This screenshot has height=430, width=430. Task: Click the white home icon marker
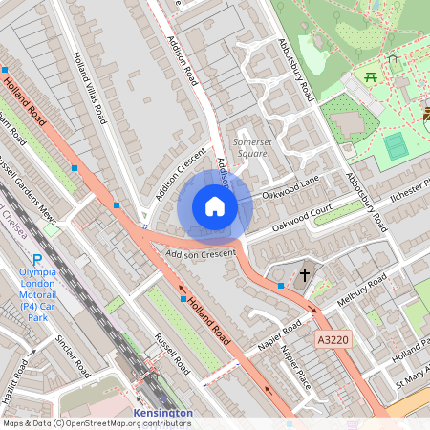[x=215, y=206]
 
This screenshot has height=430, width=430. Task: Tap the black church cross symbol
[x=305, y=276]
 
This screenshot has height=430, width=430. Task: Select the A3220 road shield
[x=333, y=339]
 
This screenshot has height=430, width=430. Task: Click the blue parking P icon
[x=37, y=260]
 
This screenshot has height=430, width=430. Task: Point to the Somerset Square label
[x=253, y=146]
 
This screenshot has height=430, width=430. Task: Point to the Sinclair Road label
[x=72, y=355]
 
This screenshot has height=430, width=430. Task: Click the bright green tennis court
[x=396, y=146]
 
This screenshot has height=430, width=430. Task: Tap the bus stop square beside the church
[x=281, y=285]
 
